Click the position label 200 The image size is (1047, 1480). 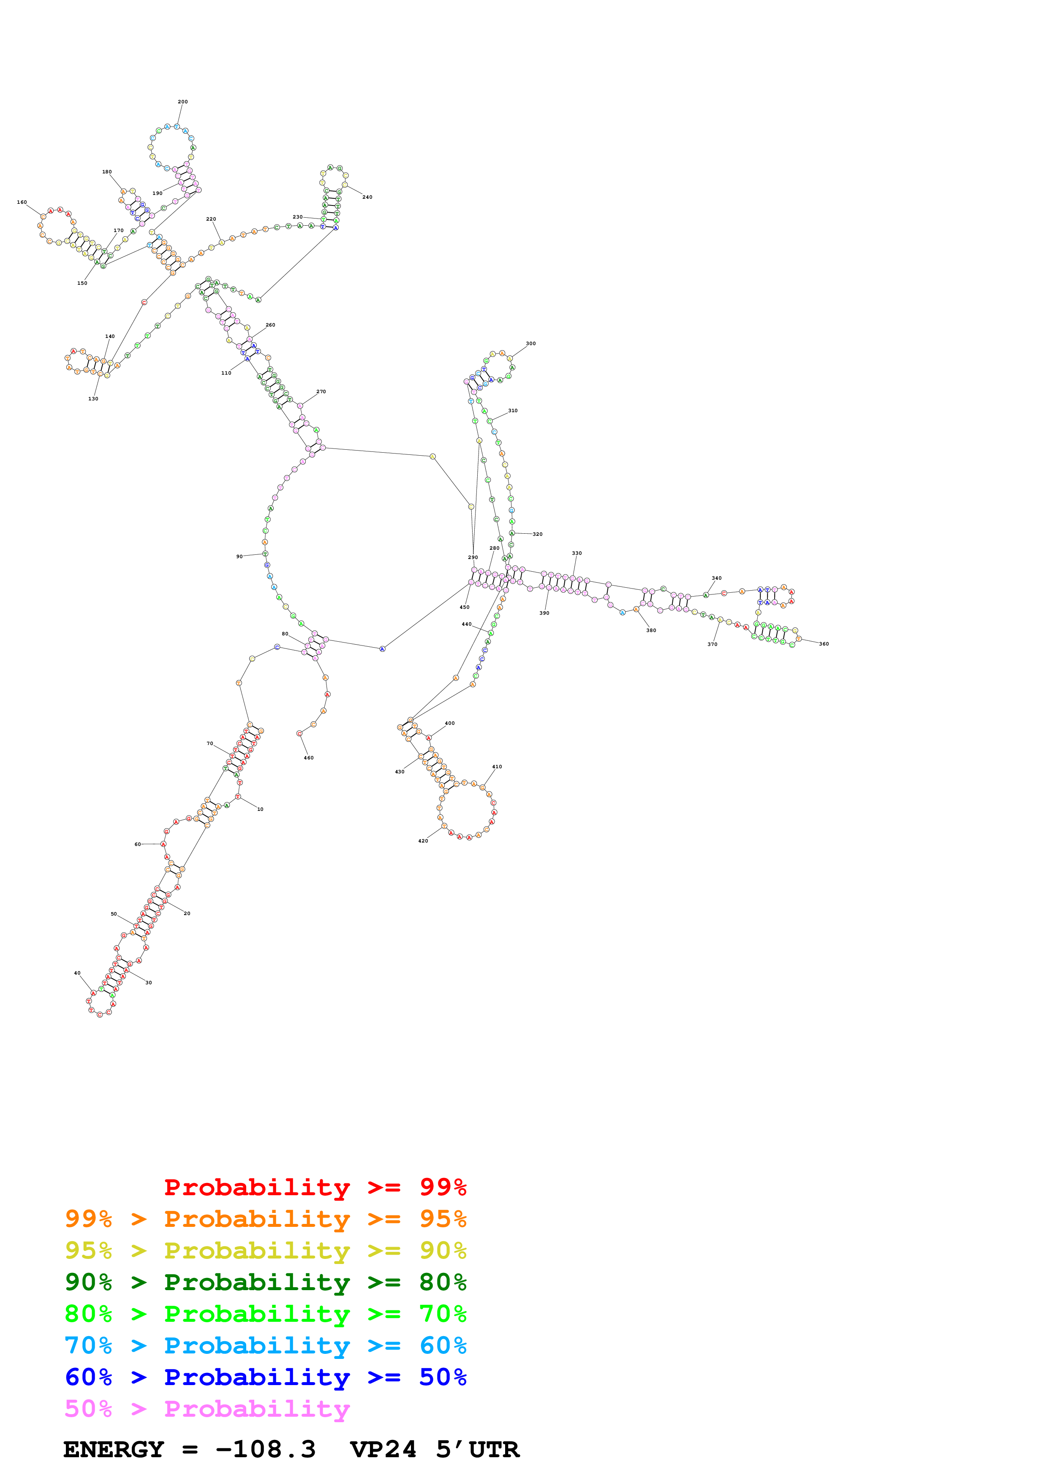[x=182, y=102]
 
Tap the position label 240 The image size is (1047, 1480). [x=367, y=197]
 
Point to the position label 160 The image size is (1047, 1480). [x=22, y=203]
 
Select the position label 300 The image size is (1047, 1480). [x=530, y=343]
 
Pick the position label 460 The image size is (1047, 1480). [x=308, y=758]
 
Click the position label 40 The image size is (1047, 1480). [x=77, y=973]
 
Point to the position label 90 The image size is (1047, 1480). [x=239, y=556]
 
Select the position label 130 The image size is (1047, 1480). [x=93, y=399]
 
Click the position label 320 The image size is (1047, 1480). [x=537, y=535]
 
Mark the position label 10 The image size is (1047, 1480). [x=260, y=810]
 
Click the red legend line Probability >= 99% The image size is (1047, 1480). [x=315, y=1187]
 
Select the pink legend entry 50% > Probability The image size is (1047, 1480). [x=207, y=1409]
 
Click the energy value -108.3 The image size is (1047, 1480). [x=265, y=1450]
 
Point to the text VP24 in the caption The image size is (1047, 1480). [x=383, y=1450]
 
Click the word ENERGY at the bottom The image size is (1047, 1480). [x=114, y=1450]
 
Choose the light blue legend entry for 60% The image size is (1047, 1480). [x=265, y=1346]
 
